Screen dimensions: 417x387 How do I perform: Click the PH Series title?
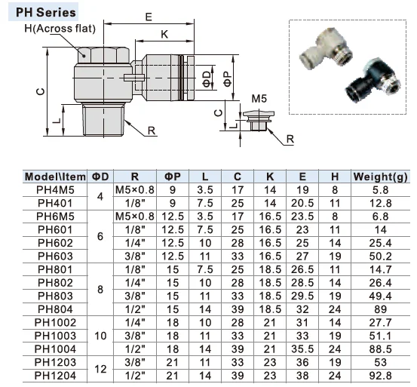(x=45, y=12)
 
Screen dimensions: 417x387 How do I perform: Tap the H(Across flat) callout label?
(x=60, y=29)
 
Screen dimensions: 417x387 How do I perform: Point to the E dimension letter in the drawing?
(x=149, y=17)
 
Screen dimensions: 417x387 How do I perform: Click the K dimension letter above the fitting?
(x=164, y=34)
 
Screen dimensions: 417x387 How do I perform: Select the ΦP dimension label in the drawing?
(x=228, y=79)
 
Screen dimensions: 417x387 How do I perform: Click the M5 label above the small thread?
(x=259, y=99)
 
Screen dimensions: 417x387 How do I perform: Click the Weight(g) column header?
(x=380, y=177)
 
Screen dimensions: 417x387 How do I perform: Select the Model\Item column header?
(x=55, y=177)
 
